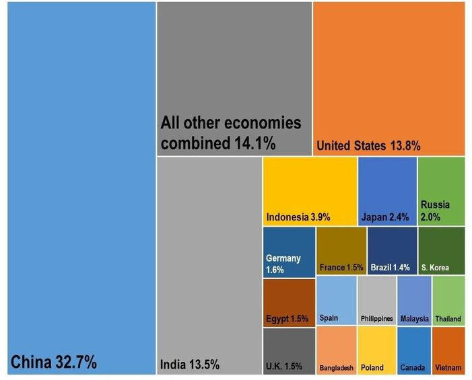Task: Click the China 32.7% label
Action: [54, 363]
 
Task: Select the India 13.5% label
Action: [190, 365]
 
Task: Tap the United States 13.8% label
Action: [368, 145]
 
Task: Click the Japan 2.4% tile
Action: [387, 192]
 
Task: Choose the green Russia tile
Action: [441, 192]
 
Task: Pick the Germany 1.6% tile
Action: [288, 252]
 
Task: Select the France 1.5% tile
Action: [341, 252]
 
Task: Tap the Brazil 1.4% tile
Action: [392, 252]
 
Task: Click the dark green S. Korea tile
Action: [441, 252]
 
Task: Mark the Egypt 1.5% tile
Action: [288, 303]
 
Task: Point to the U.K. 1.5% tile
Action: [288, 350]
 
